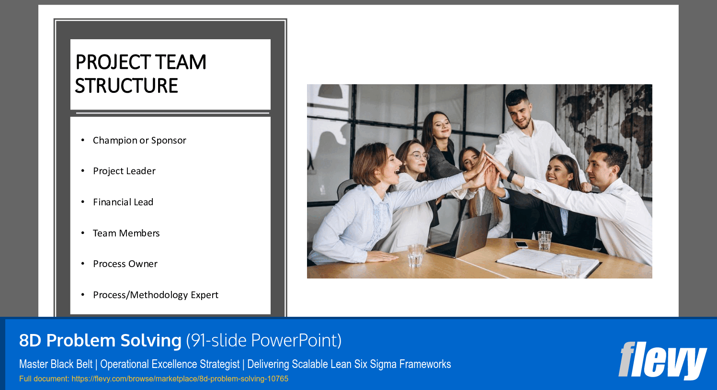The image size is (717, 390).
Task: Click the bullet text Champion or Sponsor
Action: (x=139, y=140)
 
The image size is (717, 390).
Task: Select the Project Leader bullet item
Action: (x=124, y=171)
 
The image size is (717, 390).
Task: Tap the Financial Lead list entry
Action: (x=123, y=202)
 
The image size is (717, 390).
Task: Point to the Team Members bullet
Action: (x=126, y=233)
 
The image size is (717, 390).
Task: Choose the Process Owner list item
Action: (x=125, y=264)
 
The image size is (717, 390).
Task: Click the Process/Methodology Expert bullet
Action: (x=155, y=295)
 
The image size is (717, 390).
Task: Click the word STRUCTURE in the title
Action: (x=126, y=86)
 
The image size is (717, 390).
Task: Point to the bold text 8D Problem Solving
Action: (x=100, y=340)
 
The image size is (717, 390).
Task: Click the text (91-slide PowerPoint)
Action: (x=264, y=340)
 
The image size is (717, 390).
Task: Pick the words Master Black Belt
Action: (x=56, y=364)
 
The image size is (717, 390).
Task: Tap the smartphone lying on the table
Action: (x=521, y=245)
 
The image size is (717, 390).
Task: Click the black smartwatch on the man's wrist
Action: (x=512, y=176)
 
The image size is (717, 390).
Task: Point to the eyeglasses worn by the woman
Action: (x=418, y=156)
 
